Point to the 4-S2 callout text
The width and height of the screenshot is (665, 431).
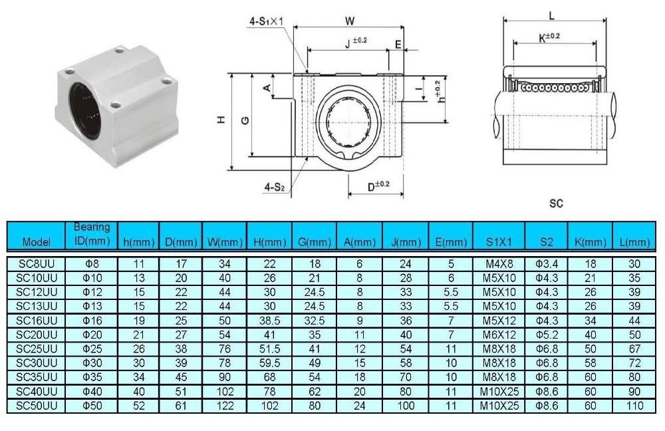(x=273, y=188)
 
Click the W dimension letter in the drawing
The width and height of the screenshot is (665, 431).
(x=349, y=21)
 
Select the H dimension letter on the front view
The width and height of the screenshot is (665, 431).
(x=221, y=120)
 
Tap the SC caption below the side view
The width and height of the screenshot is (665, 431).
(x=557, y=204)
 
